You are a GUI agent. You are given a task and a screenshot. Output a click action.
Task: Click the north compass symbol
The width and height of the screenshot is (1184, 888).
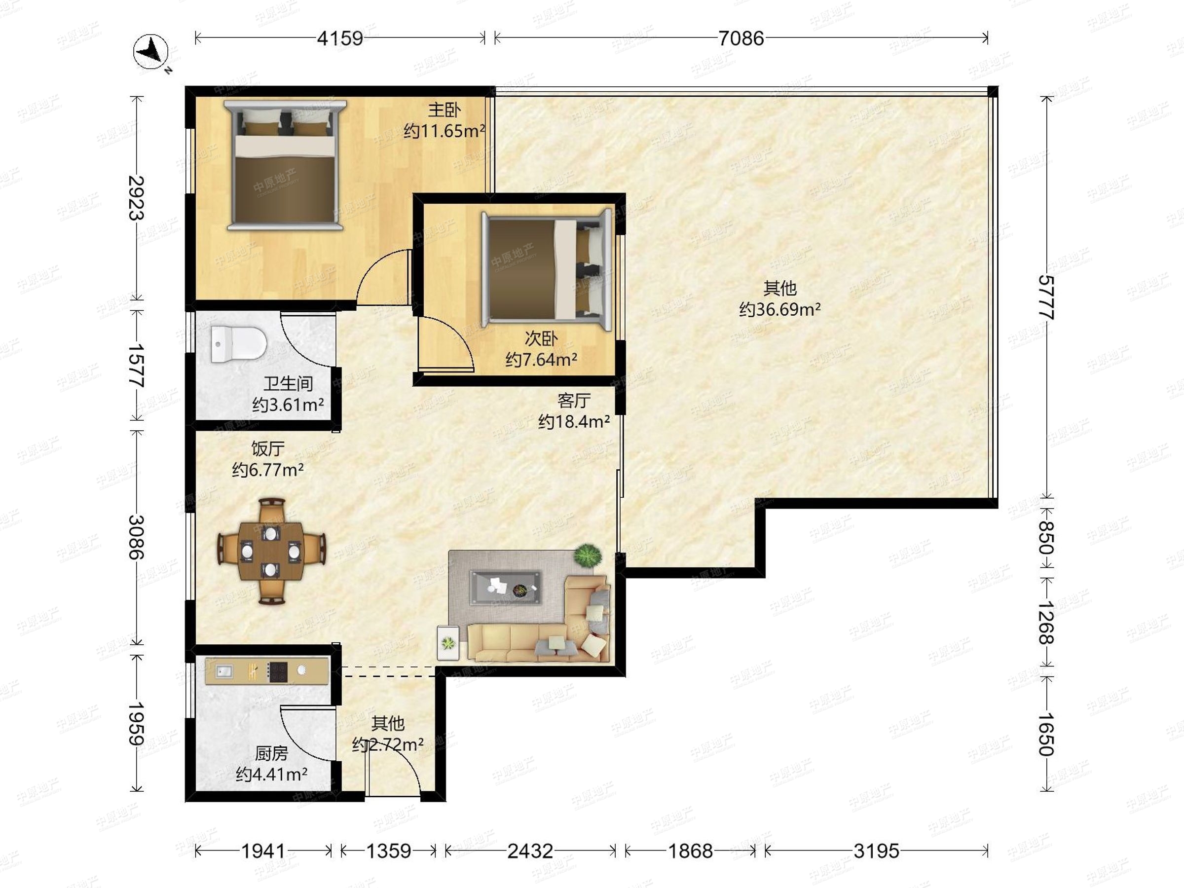click(151, 52)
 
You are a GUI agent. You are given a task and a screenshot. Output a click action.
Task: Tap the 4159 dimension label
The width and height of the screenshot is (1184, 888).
click(340, 38)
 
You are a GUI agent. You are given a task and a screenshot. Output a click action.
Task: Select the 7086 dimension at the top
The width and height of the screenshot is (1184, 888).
click(741, 38)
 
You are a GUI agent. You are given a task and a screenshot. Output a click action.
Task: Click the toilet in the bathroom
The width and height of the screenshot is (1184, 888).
click(239, 344)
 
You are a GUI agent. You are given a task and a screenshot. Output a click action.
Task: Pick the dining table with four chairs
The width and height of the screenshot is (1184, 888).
click(271, 552)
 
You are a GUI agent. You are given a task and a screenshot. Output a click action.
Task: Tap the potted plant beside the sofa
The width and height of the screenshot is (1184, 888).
click(588, 555)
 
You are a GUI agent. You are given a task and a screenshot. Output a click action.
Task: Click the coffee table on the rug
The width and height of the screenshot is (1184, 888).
click(505, 587)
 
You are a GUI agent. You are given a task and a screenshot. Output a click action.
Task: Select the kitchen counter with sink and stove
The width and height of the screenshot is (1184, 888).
click(266, 670)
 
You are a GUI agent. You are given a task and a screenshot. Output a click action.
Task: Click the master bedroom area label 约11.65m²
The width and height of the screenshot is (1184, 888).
click(444, 131)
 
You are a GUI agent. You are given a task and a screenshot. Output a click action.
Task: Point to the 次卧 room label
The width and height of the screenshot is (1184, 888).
click(541, 338)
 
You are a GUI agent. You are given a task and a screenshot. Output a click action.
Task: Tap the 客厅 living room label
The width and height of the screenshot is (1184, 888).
click(574, 401)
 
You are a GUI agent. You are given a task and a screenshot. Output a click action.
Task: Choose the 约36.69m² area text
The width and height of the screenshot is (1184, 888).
click(780, 309)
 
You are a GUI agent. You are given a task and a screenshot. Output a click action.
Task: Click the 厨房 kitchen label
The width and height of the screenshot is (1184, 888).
click(271, 754)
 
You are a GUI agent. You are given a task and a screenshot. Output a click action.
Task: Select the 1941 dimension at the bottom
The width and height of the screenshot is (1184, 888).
click(263, 851)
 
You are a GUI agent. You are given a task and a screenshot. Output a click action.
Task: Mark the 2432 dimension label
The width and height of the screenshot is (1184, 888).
click(530, 851)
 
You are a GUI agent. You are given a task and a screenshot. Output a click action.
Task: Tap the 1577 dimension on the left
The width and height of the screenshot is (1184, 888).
click(136, 365)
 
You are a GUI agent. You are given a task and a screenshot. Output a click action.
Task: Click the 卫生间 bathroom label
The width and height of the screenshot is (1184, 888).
click(288, 383)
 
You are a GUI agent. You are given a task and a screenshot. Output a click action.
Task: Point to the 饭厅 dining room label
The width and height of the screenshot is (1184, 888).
click(267, 448)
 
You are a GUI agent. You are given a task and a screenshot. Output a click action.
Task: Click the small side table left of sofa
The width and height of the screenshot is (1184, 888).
click(448, 643)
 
